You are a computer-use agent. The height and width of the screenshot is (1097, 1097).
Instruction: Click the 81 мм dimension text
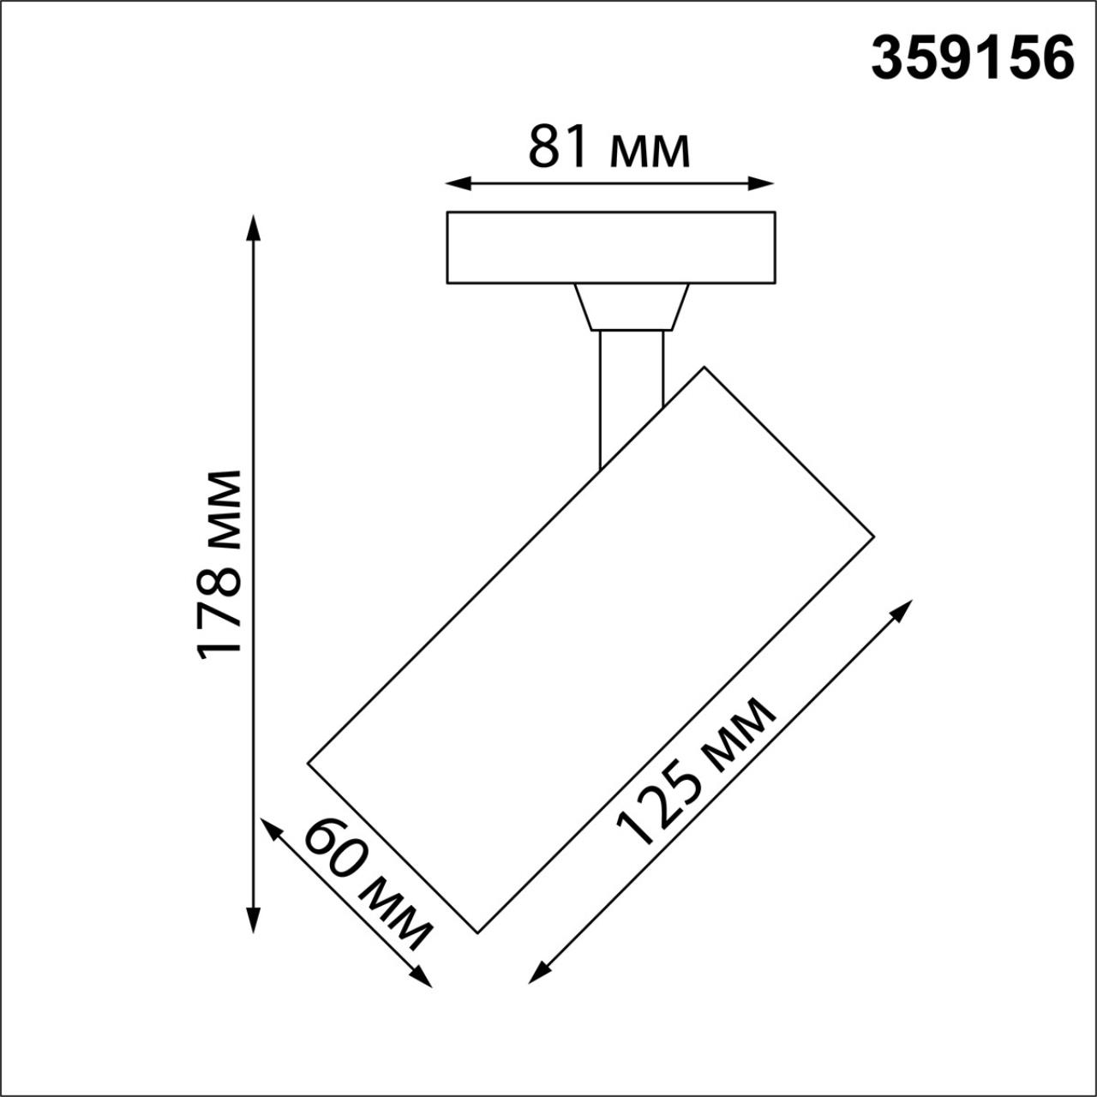(x=608, y=147)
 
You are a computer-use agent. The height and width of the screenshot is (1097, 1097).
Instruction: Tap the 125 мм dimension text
(x=696, y=771)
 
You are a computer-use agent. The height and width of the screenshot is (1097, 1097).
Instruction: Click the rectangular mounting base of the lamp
(x=611, y=247)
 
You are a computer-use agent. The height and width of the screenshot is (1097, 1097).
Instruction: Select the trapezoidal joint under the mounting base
(x=632, y=307)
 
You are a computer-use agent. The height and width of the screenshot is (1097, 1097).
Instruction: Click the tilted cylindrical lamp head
(x=591, y=649)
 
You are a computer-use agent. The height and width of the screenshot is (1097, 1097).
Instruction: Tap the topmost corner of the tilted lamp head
(x=704, y=368)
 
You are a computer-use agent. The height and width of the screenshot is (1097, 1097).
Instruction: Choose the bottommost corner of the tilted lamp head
(x=477, y=932)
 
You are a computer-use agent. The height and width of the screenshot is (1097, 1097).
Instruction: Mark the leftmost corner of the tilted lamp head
(x=308, y=761)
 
